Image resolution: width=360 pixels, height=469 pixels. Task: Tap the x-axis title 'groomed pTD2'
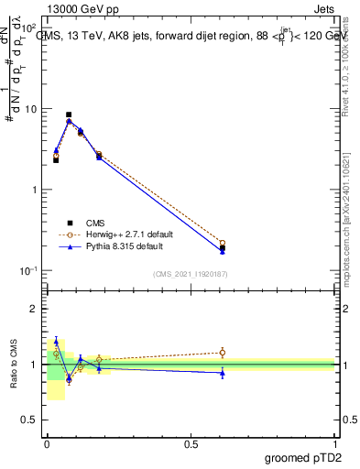(302, 459)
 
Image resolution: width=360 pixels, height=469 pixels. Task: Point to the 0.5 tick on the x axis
(191, 443)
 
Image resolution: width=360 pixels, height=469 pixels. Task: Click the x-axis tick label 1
(334, 443)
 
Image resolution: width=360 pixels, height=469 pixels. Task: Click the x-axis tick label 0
(47, 443)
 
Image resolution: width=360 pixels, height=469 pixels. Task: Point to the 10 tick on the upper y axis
(33, 109)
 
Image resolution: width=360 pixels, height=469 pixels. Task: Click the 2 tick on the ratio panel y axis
(38, 309)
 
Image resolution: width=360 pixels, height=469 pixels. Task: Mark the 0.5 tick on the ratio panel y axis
(33, 420)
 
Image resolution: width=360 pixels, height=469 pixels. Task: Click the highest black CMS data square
(69, 115)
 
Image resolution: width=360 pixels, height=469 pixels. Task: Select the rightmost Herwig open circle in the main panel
(223, 243)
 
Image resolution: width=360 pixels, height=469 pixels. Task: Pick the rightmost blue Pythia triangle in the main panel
(223, 250)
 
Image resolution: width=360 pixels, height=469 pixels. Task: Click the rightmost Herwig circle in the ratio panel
(223, 352)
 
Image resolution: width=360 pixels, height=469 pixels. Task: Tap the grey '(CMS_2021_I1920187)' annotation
(191, 274)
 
